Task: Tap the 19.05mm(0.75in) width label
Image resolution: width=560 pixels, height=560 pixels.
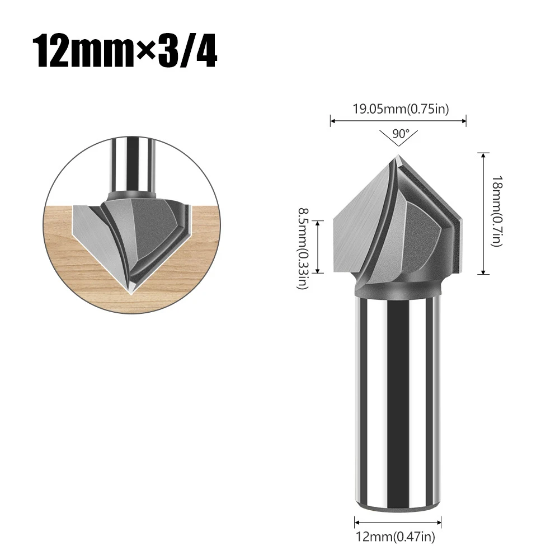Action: pyautogui.click(x=400, y=109)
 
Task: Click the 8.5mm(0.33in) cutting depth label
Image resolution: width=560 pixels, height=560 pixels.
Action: pyautogui.click(x=303, y=248)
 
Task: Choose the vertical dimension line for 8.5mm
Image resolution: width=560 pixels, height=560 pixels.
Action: pyautogui.click(x=318, y=247)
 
